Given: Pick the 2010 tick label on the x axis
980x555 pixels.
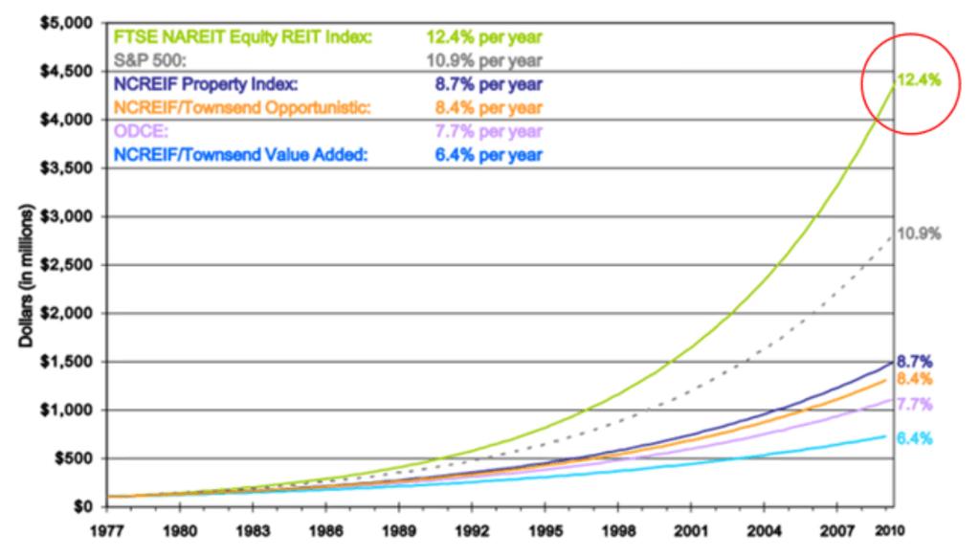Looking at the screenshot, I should coord(891,528).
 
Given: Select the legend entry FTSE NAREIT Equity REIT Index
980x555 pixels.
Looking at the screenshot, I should coord(243,37).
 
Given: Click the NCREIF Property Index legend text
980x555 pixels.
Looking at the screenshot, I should coord(206,84).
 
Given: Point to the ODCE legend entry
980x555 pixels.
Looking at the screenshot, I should coord(140,131).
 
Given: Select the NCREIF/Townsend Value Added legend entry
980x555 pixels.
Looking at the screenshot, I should coord(239,154).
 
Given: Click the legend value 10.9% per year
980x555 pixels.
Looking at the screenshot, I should coord(484,60).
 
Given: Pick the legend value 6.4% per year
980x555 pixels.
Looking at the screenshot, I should coord(484,154).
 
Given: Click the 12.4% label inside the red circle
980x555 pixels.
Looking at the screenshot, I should coord(920,80).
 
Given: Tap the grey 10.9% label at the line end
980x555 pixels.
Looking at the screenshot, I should coord(920,233).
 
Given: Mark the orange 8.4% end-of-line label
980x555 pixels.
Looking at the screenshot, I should coord(914,379).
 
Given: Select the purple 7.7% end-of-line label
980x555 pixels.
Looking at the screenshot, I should coord(914,404).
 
